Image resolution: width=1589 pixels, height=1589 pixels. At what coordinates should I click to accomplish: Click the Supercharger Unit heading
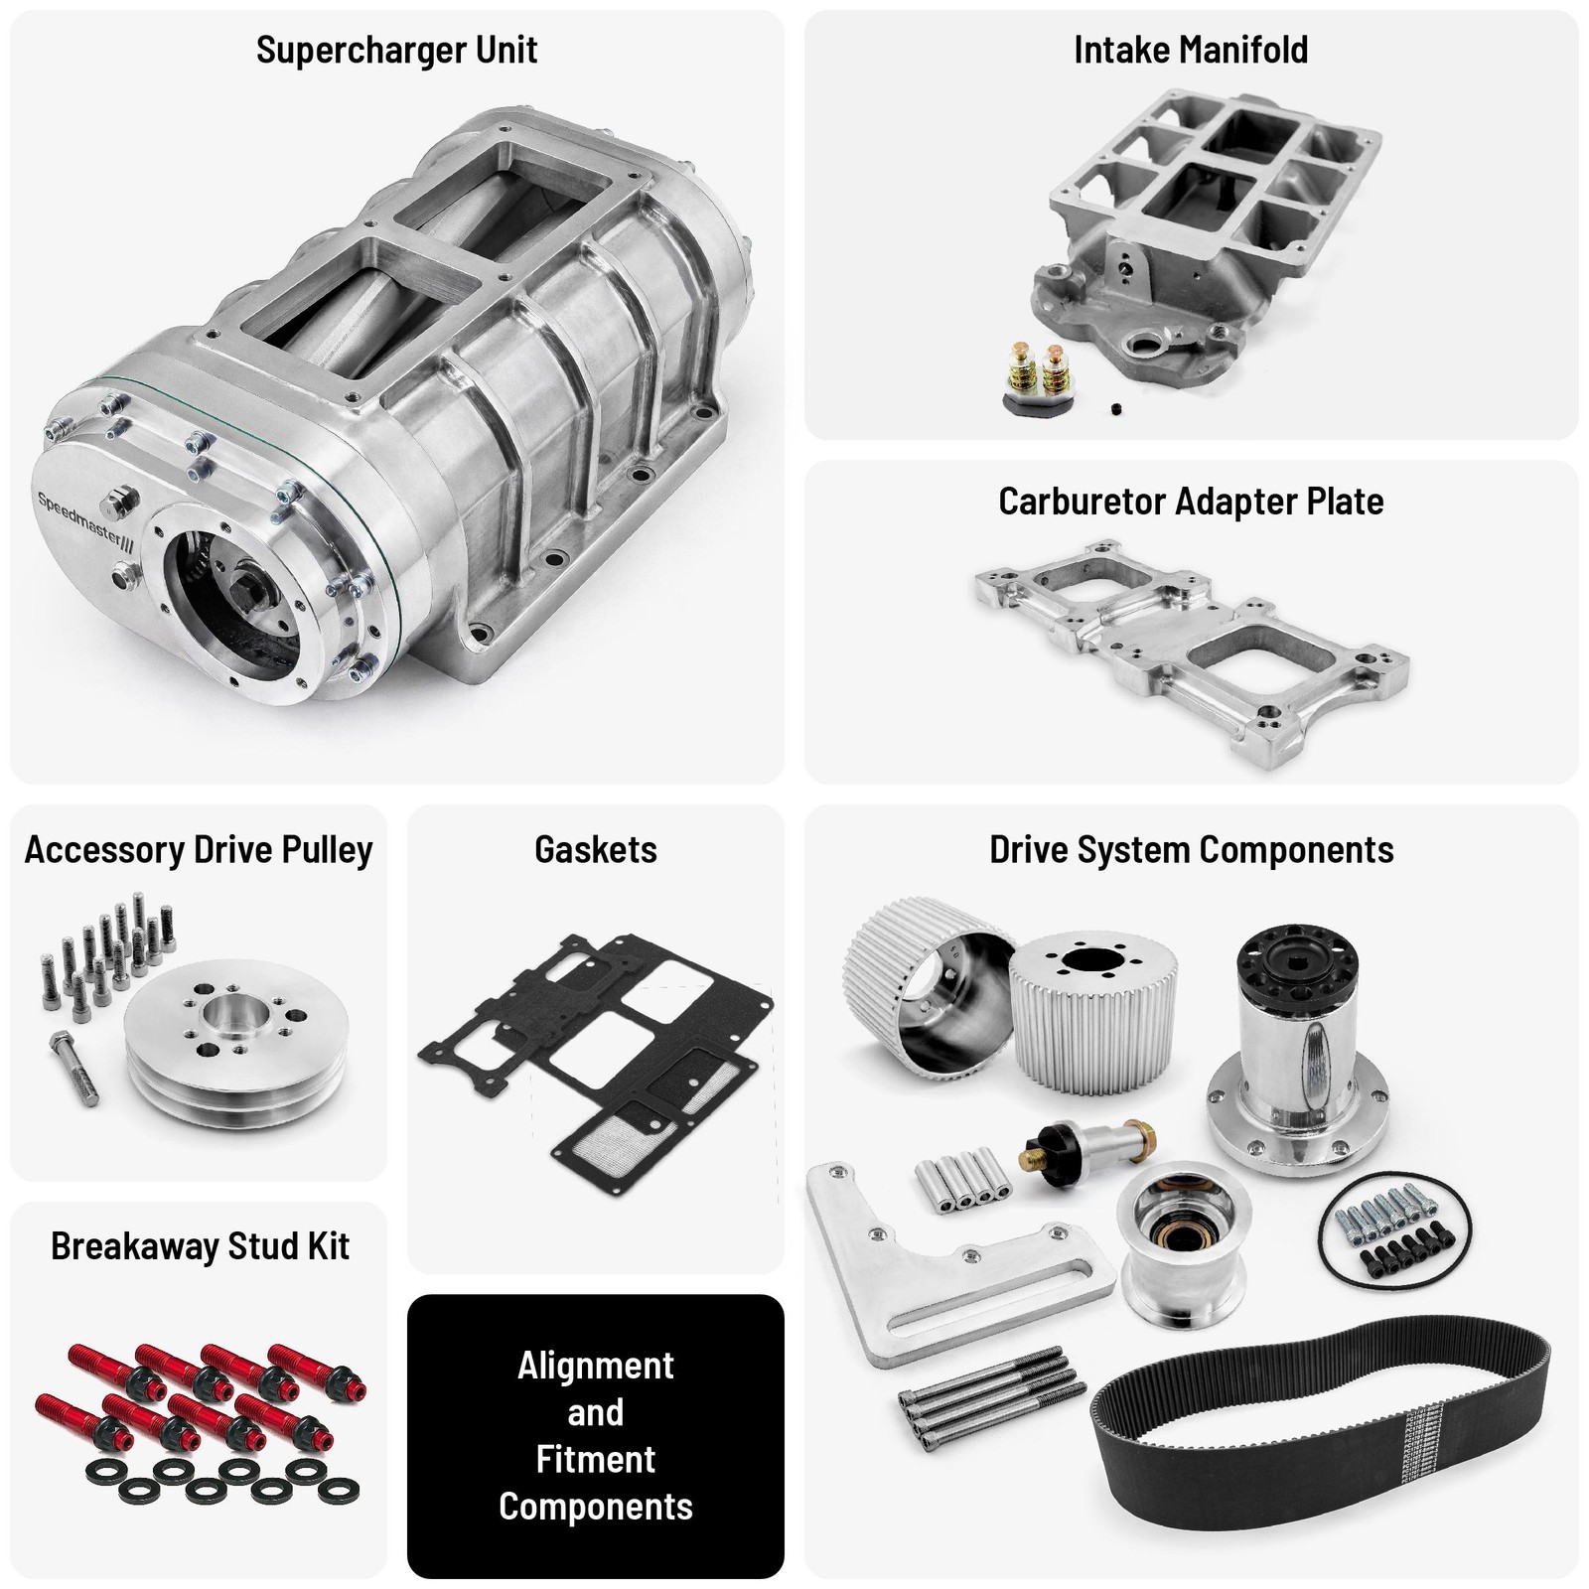(x=396, y=50)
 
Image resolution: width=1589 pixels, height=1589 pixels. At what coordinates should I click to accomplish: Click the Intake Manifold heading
(x=1190, y=50)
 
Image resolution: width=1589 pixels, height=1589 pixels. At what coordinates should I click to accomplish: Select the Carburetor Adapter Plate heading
(x=1190, y=502)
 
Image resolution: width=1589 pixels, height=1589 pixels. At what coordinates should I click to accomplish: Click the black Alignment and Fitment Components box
(x=595, y=1435)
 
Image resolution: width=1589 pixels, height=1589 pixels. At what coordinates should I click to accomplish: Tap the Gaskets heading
(x=595, y=850)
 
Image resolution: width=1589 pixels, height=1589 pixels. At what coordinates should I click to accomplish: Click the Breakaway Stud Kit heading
(x=200, y=1246)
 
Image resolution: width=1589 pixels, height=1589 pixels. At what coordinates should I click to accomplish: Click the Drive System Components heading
(x=1190, y=850)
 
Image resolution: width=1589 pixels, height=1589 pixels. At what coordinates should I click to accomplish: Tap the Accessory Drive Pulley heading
(x=198, y=850)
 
